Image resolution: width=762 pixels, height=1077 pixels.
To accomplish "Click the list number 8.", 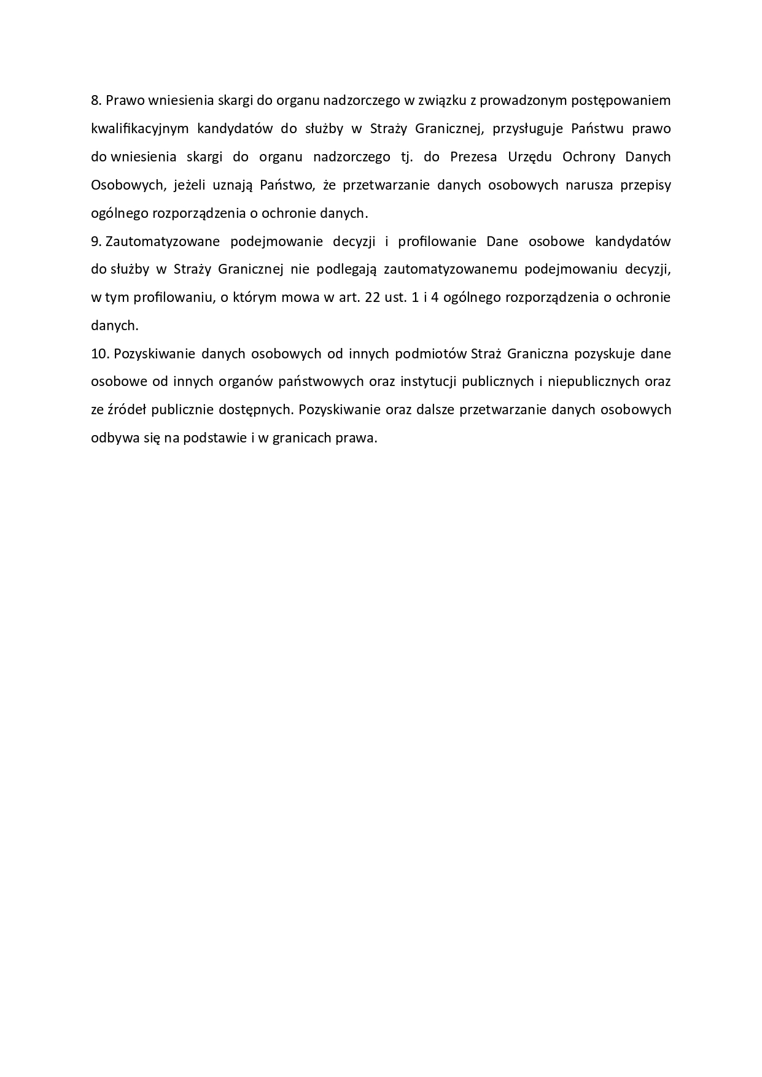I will [x=95, y=101].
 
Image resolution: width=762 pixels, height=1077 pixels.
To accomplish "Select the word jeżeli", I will [x=185, y=185].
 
